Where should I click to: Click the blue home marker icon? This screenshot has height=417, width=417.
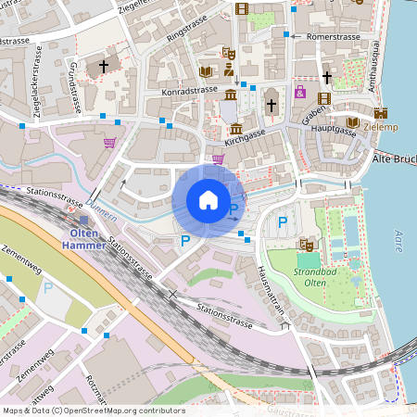(208, 200)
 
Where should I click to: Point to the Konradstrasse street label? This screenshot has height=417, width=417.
(188, 91)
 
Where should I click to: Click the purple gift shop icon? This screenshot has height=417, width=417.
(300, 92)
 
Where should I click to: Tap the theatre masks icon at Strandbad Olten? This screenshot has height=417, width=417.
(306, 245)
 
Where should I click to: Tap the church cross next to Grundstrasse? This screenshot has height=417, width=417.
(104, 66)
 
